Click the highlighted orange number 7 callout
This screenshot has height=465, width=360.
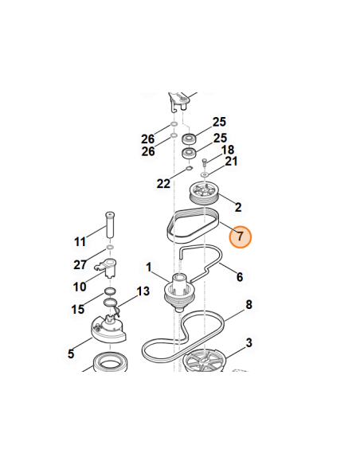(241, 237)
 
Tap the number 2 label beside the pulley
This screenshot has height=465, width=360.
(238, 207)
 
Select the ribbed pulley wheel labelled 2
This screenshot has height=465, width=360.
(204, 193)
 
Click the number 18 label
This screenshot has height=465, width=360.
(228, 150)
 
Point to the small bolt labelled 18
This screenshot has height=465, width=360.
(205, 162)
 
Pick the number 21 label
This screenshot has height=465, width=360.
(231, 162)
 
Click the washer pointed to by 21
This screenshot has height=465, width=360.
(205, 174)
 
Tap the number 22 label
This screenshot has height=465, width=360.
(163, 184)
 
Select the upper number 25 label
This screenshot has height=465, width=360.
(219, 122)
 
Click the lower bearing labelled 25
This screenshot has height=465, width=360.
(188, 153)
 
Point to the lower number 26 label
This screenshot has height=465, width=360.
(148, 151)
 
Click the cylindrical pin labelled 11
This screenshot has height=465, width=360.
(110, 225)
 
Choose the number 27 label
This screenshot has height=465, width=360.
(80, 264)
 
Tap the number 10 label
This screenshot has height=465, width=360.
(80, 287)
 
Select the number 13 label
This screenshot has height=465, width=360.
(143, 291)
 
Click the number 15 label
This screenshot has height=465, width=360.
(78, 309)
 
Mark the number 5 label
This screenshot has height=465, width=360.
(71, 354)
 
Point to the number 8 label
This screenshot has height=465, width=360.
(248, 305)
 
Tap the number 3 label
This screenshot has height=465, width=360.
(248, 342)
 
